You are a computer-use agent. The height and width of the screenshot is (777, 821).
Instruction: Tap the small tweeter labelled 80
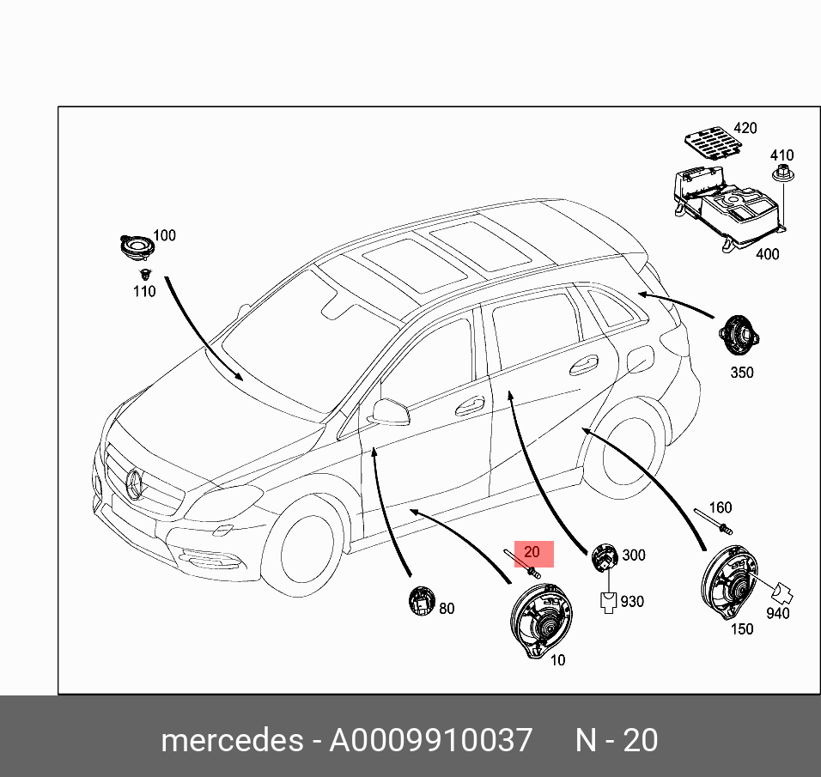(422, 599)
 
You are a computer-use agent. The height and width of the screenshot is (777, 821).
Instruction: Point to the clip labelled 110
(144, 275)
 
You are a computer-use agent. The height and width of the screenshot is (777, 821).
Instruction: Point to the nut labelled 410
(781, 176)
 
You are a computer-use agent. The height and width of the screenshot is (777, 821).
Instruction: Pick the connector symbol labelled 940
(781, 594)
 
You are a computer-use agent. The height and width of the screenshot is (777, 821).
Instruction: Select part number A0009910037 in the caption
(430, 740)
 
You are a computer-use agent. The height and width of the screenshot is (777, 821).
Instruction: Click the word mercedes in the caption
(232, 740)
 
